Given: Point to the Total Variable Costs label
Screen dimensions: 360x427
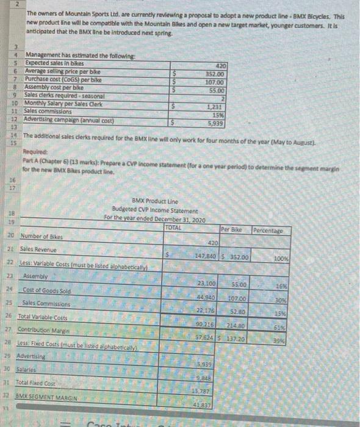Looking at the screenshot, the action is point(43,317).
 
